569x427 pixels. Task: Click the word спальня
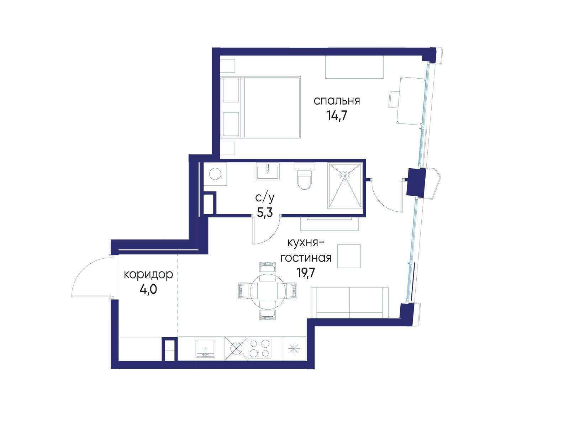coord(337,101)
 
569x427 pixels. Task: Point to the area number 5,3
coord(265,213)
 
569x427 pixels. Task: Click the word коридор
coord(148,274)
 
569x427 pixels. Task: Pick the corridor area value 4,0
coord(148,289)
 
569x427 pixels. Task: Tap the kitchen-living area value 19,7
coord(306,273)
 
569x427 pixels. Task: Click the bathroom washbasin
coord(268,171)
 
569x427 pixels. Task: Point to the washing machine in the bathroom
coord(215,174)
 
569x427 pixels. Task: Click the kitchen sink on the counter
coord(205,349)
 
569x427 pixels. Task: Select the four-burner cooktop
coord(259,348)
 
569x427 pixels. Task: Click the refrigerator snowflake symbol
coord(294,349)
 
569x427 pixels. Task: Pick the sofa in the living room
coord(349,302)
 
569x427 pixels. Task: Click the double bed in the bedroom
coord(260,107)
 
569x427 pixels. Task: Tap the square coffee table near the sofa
coord(349,256)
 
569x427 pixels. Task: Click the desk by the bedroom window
coord(411,100)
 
